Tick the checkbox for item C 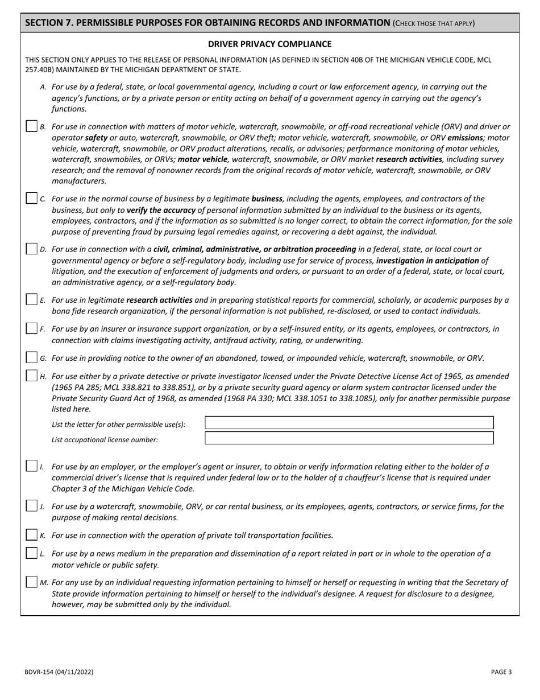(x=32, y=198)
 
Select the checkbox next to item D (x=32, y=249)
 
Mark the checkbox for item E (x=32, y=299)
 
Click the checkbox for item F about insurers (x=32, y=328)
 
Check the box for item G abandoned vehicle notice (x=32, y=357)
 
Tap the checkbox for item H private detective (x=32, y=376)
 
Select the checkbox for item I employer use (x=32, y=466)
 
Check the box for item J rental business (x=32, y=506)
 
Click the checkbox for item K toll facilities (x=32, y=535)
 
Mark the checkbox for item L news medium (x=32, y=553)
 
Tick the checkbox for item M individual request (x=32, y=582)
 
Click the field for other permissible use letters (x=348, y=423)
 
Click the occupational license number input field (x=348, y=438)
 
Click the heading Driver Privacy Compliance (x=269, y=44)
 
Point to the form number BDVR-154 (x=59, y=672)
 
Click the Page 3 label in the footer (x=501, y=672)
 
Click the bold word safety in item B (x=96, y=138)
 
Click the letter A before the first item (x=43, y=87)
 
